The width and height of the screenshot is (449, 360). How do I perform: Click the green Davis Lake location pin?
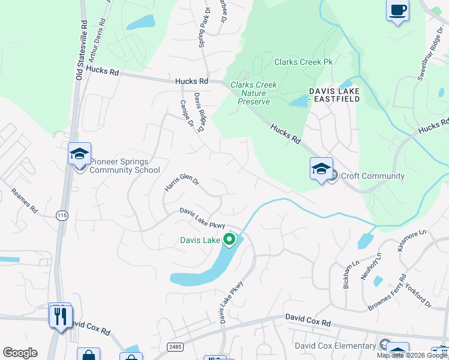click(229, 241)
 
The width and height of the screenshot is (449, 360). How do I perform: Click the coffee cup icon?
click(397, 10)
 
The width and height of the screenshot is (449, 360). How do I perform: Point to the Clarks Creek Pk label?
click(303, 62)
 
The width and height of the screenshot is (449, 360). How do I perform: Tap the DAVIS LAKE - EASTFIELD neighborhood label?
click(334, 95)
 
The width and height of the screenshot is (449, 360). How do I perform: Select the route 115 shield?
click(61, 215)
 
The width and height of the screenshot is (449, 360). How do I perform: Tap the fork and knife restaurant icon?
click(61, 316)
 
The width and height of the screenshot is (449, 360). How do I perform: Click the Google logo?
click(20, 353)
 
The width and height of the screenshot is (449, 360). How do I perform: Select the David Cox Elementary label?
click(335, 346)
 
